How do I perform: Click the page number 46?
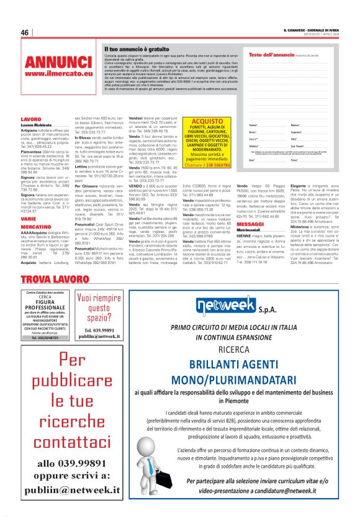pos(25,33)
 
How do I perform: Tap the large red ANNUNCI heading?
pos(58,63)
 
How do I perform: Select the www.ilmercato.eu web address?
pos(58,74)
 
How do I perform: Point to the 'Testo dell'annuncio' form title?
pos(270,55)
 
